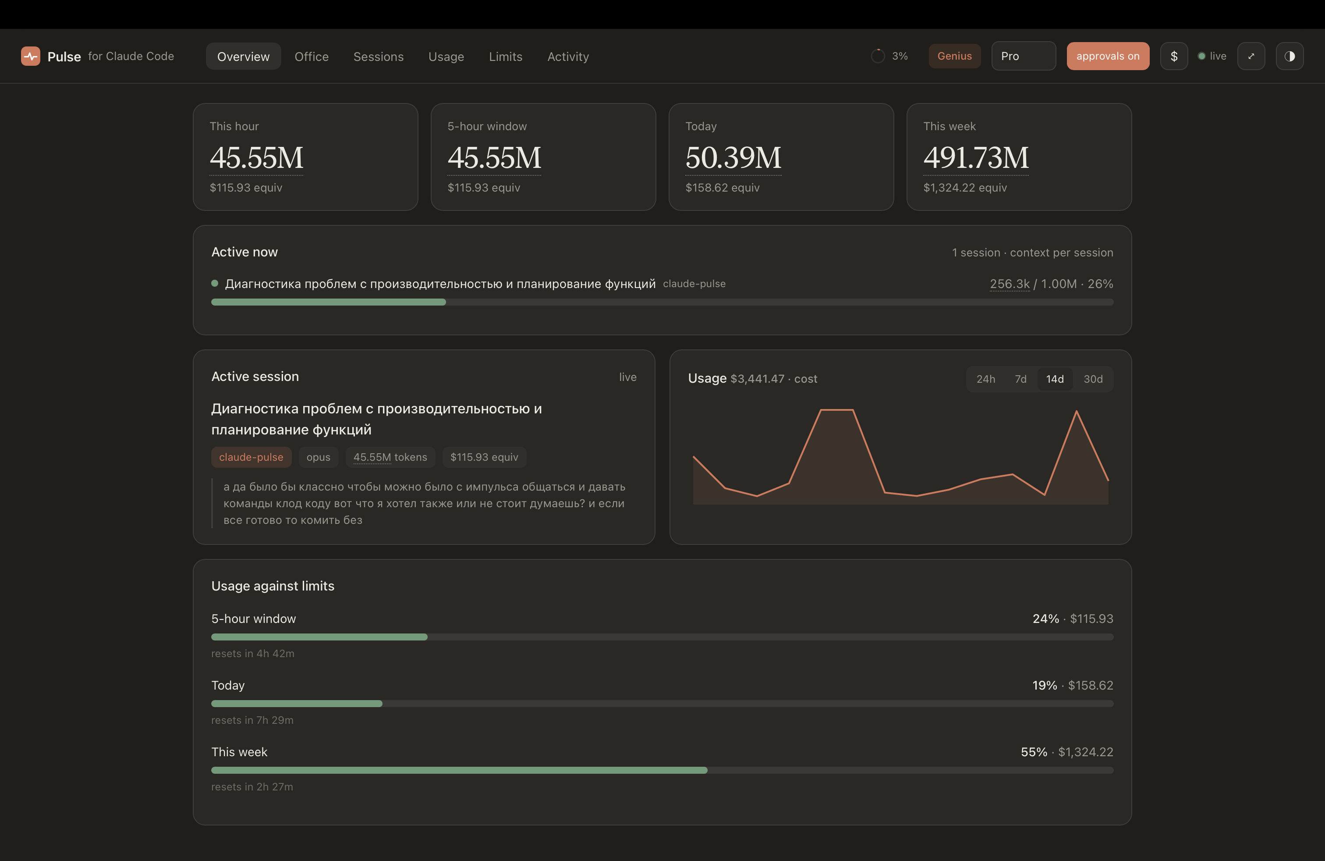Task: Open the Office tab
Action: [311, 56]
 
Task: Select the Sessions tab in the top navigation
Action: [378, 56]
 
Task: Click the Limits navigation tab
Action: [506, 56]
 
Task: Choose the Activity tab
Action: [568, 56]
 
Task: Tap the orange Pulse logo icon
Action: [31, 56]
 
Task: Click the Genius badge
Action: [954, 56]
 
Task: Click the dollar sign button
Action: [1173, 56]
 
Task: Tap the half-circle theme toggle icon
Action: [1290, 56]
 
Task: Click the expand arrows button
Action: [1251, 56]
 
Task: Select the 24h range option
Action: [985, 379]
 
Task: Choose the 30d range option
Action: [1093, 379]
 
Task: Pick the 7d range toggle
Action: [1020, 379]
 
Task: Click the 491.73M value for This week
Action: [976, 158]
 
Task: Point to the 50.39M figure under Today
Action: [733, 158]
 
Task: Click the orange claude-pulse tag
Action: [251, 457]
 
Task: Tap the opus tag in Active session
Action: [318, 457]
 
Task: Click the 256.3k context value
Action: [1010, 284]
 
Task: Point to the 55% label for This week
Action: [1034, 752]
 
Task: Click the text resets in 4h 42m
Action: [253, 653]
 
